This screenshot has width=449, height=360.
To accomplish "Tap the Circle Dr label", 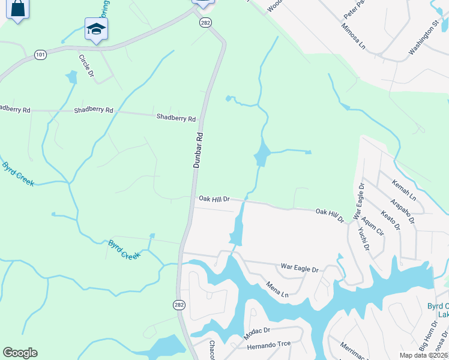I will coord(86,65).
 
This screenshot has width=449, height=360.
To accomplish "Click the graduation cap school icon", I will coord(95,29).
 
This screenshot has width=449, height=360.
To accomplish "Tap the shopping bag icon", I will coord(17,8).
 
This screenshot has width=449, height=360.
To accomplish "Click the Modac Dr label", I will coord(260,330).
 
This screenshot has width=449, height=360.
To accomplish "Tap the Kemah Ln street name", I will coord(403,189).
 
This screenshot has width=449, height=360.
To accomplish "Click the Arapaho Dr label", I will coord(402,207).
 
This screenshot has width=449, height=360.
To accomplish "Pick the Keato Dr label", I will coord(390,220).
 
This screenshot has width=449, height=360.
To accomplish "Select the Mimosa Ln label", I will coord(353,35).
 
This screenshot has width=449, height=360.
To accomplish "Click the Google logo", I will coord(20,353).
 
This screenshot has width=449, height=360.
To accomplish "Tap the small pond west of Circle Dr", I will coord(72,77).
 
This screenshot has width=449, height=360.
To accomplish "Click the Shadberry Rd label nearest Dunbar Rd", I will coord(176,118).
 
